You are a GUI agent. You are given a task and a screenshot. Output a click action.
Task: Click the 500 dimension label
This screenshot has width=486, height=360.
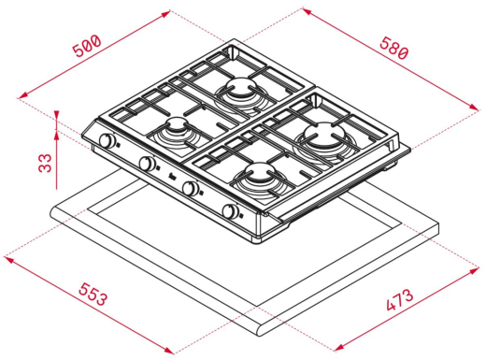(x=87, y=46)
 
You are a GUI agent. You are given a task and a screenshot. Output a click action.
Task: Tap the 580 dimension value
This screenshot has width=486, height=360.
(x=393, y=48)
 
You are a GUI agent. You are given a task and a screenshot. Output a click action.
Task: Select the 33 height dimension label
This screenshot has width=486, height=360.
(x=45, y=163)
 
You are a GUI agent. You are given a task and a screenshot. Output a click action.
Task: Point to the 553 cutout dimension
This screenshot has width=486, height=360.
(x=93, y=295)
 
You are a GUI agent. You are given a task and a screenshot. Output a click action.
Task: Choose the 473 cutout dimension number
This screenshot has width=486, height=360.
(x=400, y=300)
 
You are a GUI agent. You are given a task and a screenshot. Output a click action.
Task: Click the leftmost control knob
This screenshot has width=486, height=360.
(x=107, y=140)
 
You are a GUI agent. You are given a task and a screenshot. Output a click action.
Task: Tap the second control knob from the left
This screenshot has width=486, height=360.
(x=147, y=163)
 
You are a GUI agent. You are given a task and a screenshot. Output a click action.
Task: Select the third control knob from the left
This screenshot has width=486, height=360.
(x=190, y=188)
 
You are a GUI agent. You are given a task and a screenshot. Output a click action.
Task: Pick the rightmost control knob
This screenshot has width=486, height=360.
(x=230, y=211)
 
